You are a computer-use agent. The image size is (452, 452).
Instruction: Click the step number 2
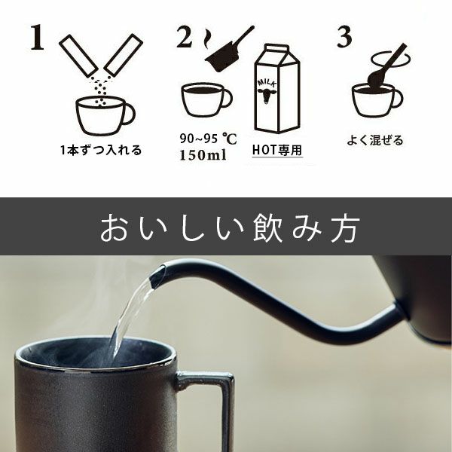point(186,38)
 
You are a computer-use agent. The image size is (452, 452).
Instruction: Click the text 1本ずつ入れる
point(101,150)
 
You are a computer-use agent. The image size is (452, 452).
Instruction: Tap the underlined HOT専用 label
point(277,150)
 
